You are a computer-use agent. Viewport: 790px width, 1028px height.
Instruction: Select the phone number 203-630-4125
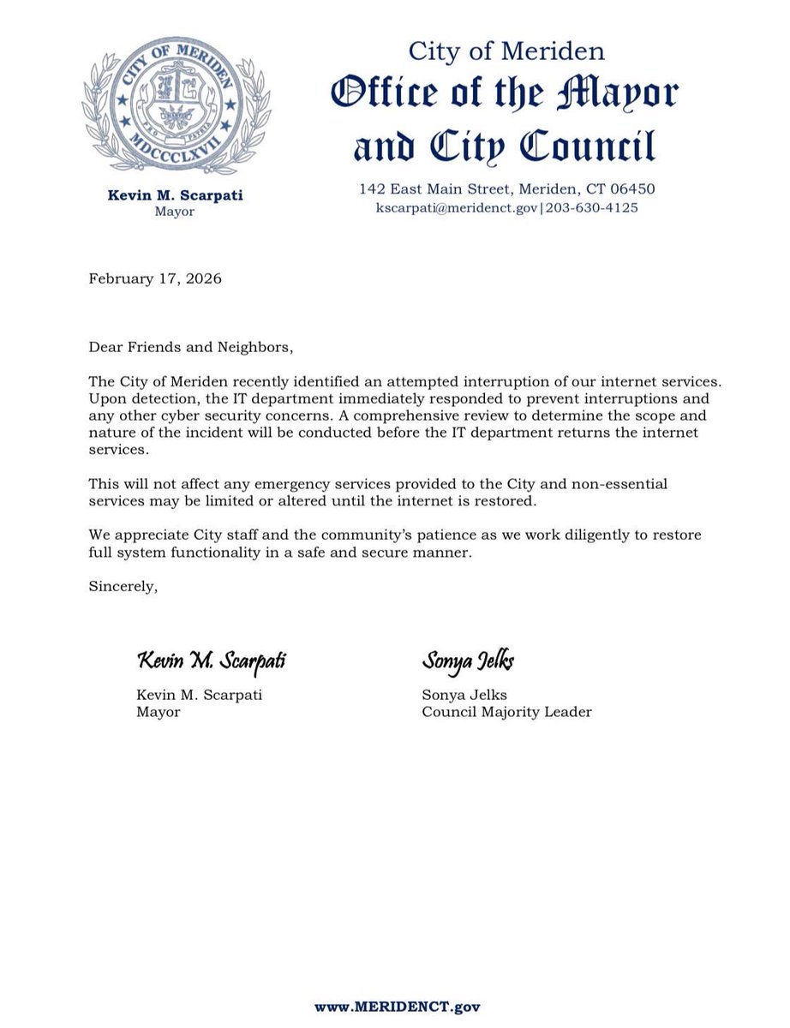[592, 208]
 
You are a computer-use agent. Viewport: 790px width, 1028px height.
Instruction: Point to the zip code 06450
[634, 188]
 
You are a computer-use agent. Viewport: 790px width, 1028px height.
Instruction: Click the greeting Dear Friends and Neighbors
[190, 348]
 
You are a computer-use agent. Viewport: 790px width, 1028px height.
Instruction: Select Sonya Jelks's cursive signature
[468, 661]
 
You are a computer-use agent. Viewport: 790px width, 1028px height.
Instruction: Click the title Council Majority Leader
[506, 712]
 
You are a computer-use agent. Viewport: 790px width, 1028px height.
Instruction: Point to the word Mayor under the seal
[175, 212]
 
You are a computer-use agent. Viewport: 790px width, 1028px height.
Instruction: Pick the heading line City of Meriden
[506, 51]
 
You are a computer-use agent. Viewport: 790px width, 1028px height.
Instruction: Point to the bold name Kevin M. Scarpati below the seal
[175, 195]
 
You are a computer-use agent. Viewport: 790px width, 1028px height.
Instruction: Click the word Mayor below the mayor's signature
[159, 712]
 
